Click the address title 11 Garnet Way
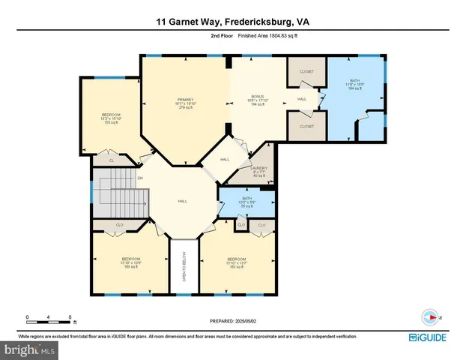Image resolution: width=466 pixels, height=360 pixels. (x=232, y=22)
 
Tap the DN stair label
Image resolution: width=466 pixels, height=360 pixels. (x=140, y=178)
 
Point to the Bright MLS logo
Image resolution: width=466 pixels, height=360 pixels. (x=30, y=349)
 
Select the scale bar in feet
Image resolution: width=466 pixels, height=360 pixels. (x=49, y=318)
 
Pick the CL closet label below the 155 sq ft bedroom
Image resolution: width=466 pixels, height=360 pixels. (x=112, y=160)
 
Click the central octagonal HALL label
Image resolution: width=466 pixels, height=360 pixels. (x=181, y=202)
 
